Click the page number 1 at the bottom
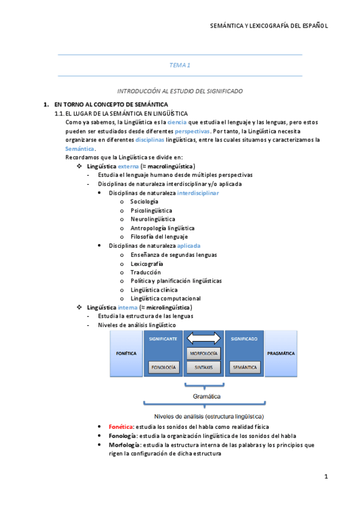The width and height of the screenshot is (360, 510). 325,477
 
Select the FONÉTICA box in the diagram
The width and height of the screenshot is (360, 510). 126,354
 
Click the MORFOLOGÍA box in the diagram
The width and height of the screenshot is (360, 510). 203,353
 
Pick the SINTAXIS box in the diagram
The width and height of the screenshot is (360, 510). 203,366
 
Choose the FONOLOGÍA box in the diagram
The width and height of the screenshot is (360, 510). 163,366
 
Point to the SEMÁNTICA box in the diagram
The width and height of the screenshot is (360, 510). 245,366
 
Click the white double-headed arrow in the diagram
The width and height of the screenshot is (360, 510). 203,339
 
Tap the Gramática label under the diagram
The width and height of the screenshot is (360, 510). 206,397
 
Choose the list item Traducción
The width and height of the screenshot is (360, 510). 145,272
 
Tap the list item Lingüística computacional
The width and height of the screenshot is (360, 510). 165,298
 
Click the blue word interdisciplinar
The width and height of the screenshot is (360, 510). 198,193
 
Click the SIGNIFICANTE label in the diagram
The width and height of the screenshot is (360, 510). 162,339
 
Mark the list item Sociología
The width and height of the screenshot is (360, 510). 144,202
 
